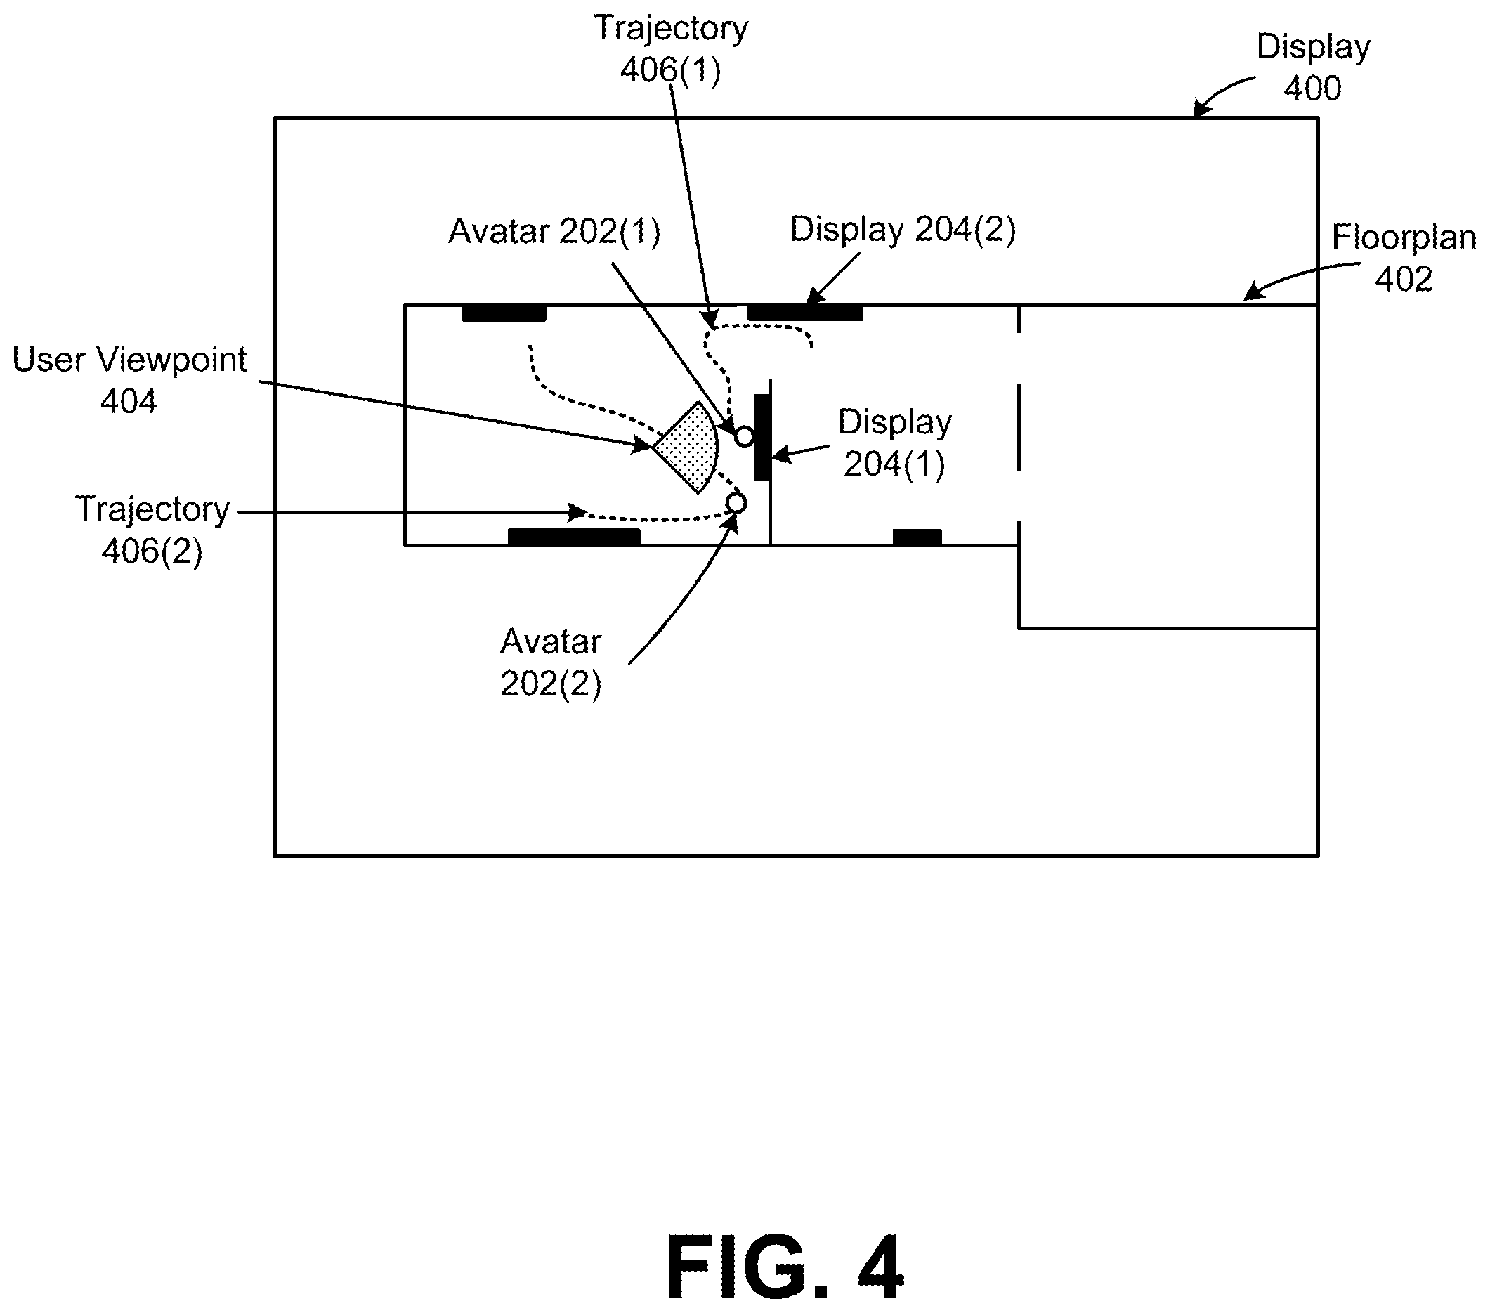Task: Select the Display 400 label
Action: (1313, 67)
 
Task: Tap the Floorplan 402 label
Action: (1404, 257)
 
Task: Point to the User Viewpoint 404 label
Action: (130, 380)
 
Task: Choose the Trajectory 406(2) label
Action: (152, 529)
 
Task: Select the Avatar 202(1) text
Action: (554, 231)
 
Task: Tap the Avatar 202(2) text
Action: (551, 662)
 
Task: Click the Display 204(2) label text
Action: (903, 229)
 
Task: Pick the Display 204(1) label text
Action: (894, 443)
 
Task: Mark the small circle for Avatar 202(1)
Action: (743, 437)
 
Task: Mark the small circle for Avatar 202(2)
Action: (736, 503)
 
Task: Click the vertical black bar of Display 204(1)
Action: (761, 438)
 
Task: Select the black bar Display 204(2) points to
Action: (805, 313)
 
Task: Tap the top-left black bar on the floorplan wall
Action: (504, 313)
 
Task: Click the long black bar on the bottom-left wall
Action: (574, 537)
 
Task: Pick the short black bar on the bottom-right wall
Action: (917, 537)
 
